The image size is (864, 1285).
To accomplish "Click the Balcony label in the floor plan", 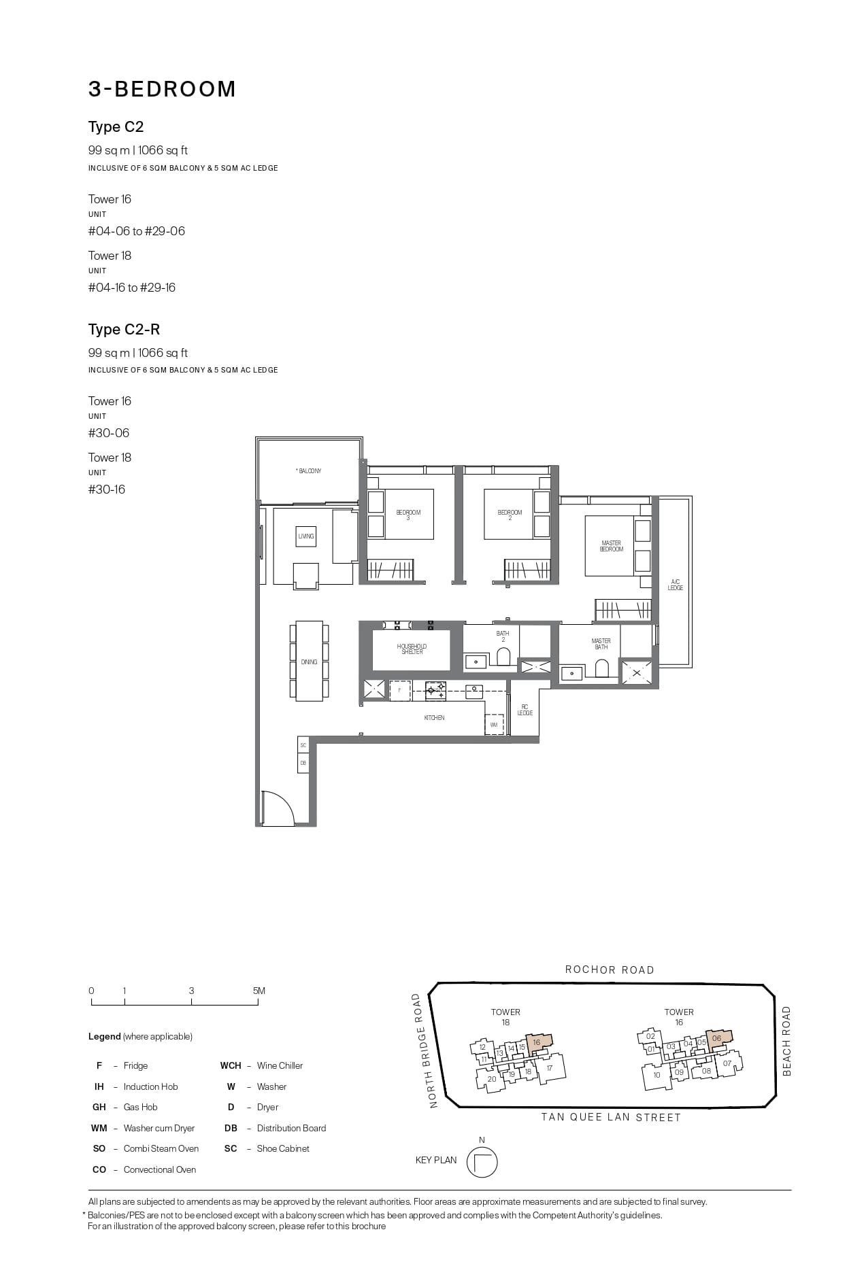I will tap(309, 470).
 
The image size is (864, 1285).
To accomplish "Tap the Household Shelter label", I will tap(412, 649).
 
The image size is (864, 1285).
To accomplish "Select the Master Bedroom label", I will tap(611, 546).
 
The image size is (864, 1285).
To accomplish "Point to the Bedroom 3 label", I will tap(408, 515).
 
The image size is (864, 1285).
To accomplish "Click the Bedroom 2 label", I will tap(510, 515).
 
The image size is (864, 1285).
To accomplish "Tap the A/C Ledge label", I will tap(675, 585).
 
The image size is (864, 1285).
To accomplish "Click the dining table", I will tap(309, 661).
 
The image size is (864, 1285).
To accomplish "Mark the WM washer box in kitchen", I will tap(494, 725).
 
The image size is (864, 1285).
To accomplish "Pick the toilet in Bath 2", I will tap(503, 657).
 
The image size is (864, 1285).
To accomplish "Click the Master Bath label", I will tap(601, 644).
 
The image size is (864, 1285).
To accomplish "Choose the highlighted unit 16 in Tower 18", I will tap(537, 1043).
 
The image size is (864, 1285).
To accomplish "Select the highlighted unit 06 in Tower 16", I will tap(717, 1039).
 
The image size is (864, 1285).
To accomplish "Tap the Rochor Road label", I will tap(610, 970).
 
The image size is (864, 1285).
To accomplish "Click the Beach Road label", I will tap(787, 1041).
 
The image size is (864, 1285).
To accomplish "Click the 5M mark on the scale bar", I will tap(259, 991).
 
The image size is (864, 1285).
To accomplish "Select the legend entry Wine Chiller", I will tap(280, 1065).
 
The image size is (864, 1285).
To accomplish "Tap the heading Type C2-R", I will tap(124, 330).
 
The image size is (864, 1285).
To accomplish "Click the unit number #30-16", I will tap(107, 490).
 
